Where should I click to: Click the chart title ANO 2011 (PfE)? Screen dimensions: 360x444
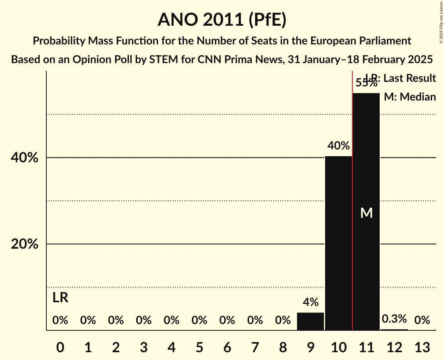(222, 19)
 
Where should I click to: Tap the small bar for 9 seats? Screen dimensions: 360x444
(310, 321)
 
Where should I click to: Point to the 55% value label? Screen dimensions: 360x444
(366, 83)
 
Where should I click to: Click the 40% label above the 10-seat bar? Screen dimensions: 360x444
(338, 146)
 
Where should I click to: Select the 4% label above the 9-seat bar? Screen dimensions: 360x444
(310, 302)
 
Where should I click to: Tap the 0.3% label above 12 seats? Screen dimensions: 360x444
(394, 319)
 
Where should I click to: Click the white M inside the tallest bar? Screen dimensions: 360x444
(366, 213)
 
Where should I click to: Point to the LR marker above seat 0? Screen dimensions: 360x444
(60, 298)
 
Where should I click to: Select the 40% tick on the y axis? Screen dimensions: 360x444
(27, 158)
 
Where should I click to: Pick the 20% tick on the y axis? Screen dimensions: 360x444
(27, 244)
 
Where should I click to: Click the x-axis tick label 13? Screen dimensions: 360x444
(422, 347)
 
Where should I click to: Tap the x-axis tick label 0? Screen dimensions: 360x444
(60, 347)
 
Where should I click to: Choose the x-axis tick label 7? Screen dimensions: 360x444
(255, 347)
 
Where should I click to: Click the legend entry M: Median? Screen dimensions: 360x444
(410, 97)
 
